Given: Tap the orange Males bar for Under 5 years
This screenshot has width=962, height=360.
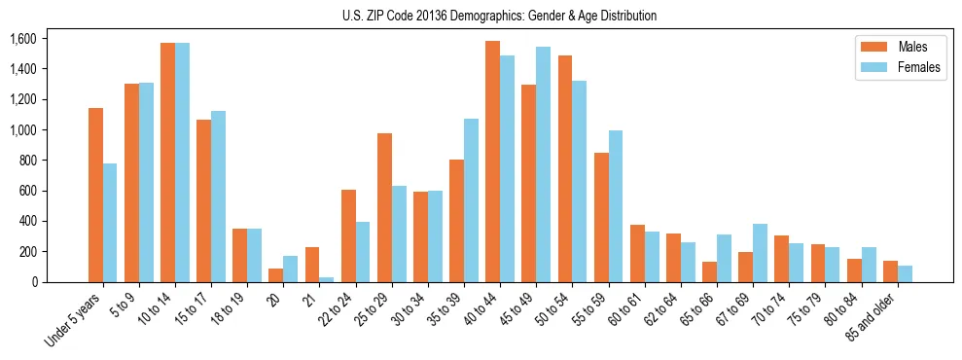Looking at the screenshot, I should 95,195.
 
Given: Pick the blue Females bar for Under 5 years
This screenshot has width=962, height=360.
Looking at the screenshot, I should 110,223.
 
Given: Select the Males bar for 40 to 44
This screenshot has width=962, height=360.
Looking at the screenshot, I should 492,162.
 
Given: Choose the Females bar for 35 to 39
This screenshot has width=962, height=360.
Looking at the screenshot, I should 471,200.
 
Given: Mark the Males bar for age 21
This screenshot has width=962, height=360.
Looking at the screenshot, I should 312,265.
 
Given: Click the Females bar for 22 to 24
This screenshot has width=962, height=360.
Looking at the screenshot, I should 363,252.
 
